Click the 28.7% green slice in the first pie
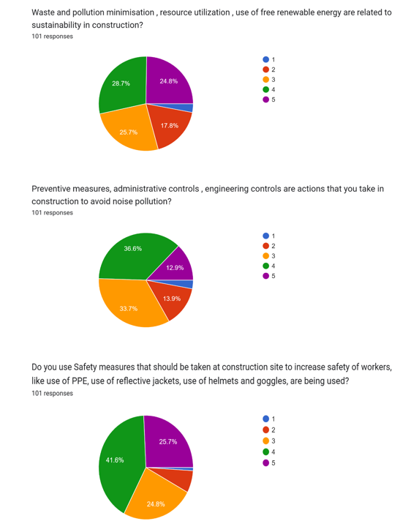(122, 86)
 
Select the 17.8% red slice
(170, 125)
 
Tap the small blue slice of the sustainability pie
(188, 108)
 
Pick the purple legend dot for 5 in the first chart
(265, 100)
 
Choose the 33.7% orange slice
(130, 304)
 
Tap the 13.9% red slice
(171, 298)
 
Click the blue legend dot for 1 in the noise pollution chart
(265, 236)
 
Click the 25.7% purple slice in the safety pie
(168, 441)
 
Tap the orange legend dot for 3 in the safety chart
(265, 441)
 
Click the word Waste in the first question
(42, 12)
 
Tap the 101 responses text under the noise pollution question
(52, 213)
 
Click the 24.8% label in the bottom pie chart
(156, 504)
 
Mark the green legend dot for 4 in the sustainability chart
(265, 89)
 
